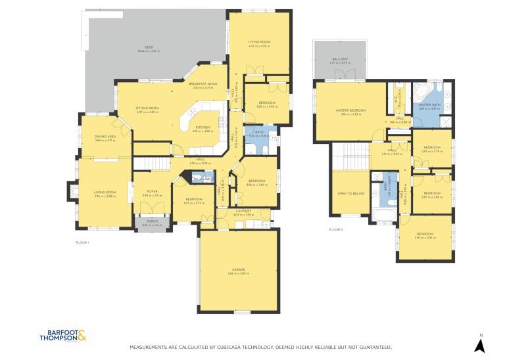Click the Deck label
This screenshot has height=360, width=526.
149,47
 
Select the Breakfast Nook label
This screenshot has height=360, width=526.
203,85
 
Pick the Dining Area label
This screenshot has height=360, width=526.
105,137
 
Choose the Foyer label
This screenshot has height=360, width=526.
153,192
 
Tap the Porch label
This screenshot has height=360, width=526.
152,223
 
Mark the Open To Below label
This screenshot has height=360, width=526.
351,194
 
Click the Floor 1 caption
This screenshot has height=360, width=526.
82,242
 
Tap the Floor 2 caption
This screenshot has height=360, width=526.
335,229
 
